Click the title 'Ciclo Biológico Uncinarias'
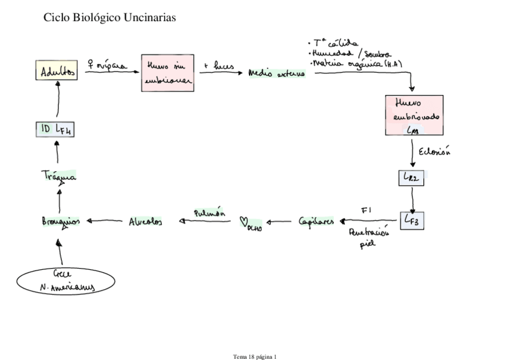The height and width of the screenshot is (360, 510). pos(110,19)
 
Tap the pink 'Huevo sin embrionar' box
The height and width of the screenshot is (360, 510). pos(165,73)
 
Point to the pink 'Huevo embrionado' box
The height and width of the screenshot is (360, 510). pos(414,115)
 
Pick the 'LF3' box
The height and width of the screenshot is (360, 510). pos(413,220)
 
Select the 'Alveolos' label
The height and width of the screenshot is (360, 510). pos(145,221)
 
